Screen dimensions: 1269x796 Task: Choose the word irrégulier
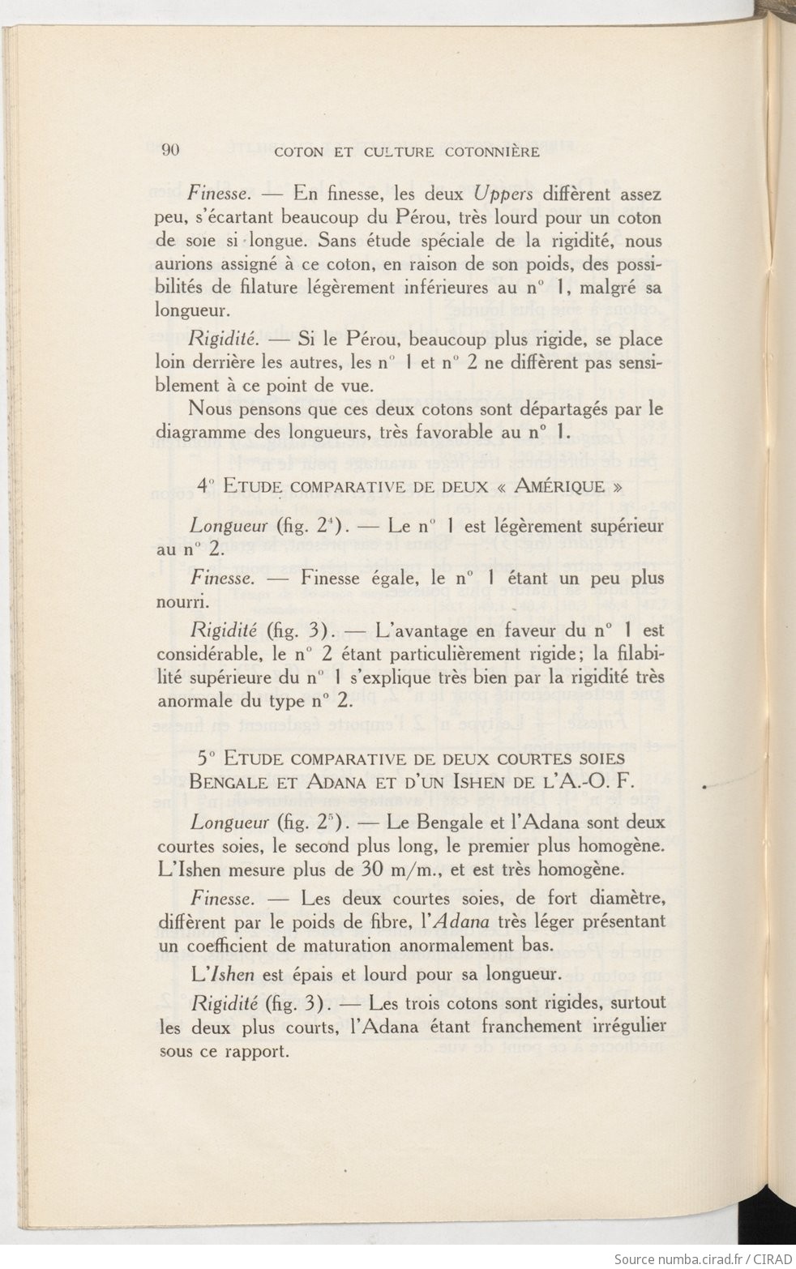click(626, 1026)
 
